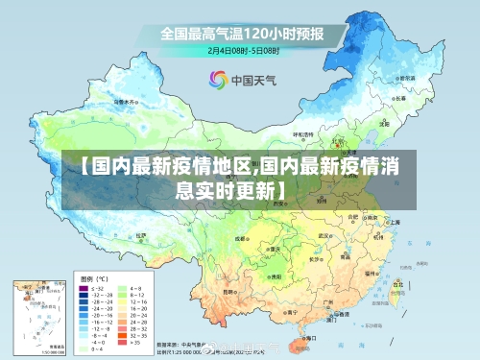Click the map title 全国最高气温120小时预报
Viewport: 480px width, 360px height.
(241, 35)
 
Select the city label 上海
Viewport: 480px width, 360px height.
(395, 222)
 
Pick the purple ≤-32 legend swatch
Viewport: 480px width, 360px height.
(84, 287)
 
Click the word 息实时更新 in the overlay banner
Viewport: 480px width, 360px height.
(230, 188)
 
